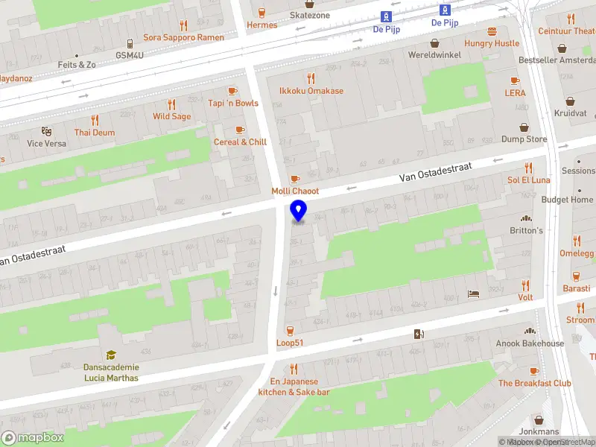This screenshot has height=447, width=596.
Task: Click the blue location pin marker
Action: [x=299, y=210]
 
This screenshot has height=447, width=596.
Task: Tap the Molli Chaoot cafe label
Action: [x=295, y=191]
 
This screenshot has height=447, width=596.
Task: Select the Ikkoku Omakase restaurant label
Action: [x=311, y=91]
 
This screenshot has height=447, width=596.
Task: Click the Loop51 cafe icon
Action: [x=290, y=331]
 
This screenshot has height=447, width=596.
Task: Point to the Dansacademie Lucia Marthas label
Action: [x=111, y=372]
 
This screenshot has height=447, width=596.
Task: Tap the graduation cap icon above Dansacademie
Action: [x=111, y=355]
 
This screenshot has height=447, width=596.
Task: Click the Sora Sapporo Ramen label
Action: [x=183, y=37]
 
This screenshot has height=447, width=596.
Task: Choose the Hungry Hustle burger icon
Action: [x=492, y=31]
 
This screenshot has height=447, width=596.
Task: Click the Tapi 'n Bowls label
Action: [x=233, y=103]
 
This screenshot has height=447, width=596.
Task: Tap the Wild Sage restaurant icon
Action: [x=172, y=104]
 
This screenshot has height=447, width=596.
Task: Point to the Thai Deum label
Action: [x=95, y=133]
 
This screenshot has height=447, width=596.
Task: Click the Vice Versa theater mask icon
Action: [x=46, y=131]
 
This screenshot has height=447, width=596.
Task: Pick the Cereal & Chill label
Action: [x=240, y=142]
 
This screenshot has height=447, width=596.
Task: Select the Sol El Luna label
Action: [x=529, y=180]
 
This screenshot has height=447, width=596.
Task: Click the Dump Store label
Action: [x=524, y=139]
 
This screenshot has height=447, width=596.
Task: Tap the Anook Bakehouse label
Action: [x=530, y=343]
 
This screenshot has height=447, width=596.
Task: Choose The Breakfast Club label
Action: [x=535, y=384]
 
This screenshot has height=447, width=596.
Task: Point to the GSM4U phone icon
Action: [x=130, y=44]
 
